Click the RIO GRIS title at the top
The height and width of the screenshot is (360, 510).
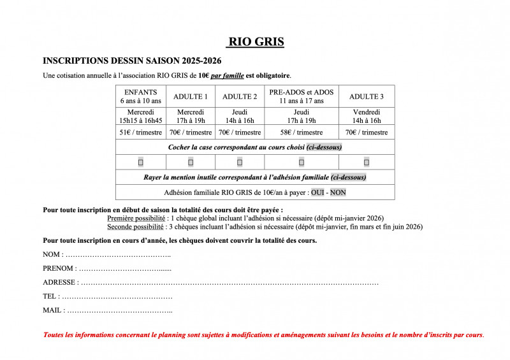(255, 42)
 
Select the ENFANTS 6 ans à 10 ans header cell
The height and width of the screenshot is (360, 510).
(141, 96)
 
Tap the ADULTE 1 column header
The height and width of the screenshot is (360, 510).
(190, 96)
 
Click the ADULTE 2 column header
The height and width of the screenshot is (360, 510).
(240, 96)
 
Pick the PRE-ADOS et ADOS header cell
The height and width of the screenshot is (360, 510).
(302, 96)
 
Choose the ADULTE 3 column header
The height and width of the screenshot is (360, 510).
(367, 96)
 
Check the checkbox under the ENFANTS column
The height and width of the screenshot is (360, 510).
(141, 162)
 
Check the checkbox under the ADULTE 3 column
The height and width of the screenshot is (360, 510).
(367, 162)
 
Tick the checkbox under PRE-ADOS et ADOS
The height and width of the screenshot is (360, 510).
(302, 162)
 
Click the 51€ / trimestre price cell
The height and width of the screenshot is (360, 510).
(141, 133)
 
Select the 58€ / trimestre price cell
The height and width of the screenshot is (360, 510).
(302, 133)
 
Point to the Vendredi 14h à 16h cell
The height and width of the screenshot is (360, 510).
(367, 116)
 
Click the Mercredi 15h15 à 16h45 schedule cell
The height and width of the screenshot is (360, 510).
(141, 116)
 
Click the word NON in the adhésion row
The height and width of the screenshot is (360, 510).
(338, 192)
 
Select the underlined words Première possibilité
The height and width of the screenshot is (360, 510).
(135, 218)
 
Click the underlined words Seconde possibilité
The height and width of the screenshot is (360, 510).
(135, 226)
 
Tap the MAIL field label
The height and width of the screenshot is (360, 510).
(52, 310)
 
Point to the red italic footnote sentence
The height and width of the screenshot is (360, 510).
(263, 335)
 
